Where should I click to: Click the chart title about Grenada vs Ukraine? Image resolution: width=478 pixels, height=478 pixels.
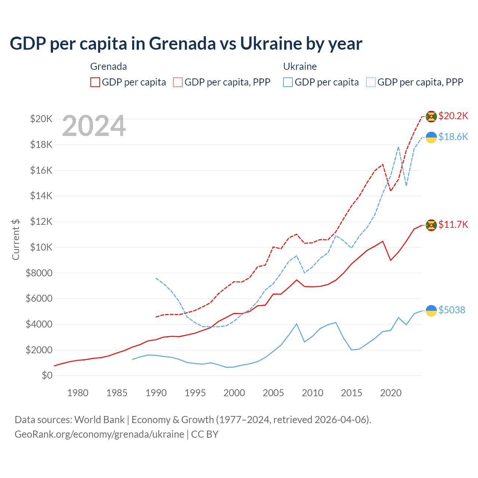click(186, 44)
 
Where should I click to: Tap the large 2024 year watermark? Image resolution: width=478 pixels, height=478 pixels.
click(94, 126)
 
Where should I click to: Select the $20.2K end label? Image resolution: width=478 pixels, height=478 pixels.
click(453, 116)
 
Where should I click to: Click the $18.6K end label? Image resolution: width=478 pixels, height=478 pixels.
click(453, 137)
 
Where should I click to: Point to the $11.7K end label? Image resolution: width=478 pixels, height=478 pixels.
click(453, 224)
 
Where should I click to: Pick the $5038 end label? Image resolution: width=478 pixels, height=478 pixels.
click(452, 310)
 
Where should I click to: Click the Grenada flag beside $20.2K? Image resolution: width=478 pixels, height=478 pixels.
click(431, 117)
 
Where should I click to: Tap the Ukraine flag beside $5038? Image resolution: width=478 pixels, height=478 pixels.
click(431, 310)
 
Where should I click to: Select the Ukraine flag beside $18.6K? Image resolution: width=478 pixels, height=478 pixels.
click(431, 137)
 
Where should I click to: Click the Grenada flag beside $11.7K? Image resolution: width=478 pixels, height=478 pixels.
click(431, 225)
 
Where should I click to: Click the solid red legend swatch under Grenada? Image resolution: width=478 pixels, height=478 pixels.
click(95, 82)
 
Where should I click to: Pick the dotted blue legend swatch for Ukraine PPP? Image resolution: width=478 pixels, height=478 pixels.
click(371, 82)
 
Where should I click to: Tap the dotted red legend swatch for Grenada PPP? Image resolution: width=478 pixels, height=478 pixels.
click(178, 82)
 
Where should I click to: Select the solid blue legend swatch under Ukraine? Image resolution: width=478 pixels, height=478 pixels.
click(288, 82)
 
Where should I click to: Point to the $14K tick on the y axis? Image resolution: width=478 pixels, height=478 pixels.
click(41, 196)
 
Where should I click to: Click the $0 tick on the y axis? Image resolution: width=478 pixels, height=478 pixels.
click(47, 375)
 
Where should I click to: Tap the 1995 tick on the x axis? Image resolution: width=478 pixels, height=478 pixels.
click(195, 393)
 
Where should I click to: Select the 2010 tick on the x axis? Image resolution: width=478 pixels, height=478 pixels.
click(312, 393)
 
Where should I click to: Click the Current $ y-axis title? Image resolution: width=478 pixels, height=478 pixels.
click(16, 239)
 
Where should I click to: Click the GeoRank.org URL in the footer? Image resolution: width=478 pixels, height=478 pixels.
click(99, 434)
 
